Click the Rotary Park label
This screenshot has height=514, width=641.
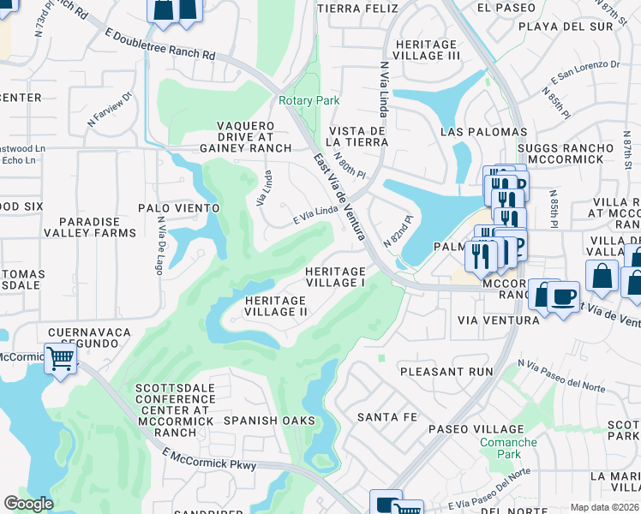pyautogui.click(x=309, y=100)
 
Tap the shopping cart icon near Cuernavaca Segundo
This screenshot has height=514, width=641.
pyautogui.click(x=60, y=358)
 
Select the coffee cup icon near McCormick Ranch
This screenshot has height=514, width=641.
pyautogui.click(x=562, y=296)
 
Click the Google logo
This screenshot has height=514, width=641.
pyautogui.click(x=28, y=504)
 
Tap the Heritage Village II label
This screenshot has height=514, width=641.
pyautogui.click(x=276, y=306)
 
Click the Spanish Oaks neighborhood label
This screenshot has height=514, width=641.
pyautogui.click(x=269, y=421)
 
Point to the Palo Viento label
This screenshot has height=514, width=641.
pyautogui.click(x=179, y=208)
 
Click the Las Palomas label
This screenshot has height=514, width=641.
pyautogui.click(x=483, y=132)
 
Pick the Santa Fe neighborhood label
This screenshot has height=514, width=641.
pyautogui.click(x=387, y=417)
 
